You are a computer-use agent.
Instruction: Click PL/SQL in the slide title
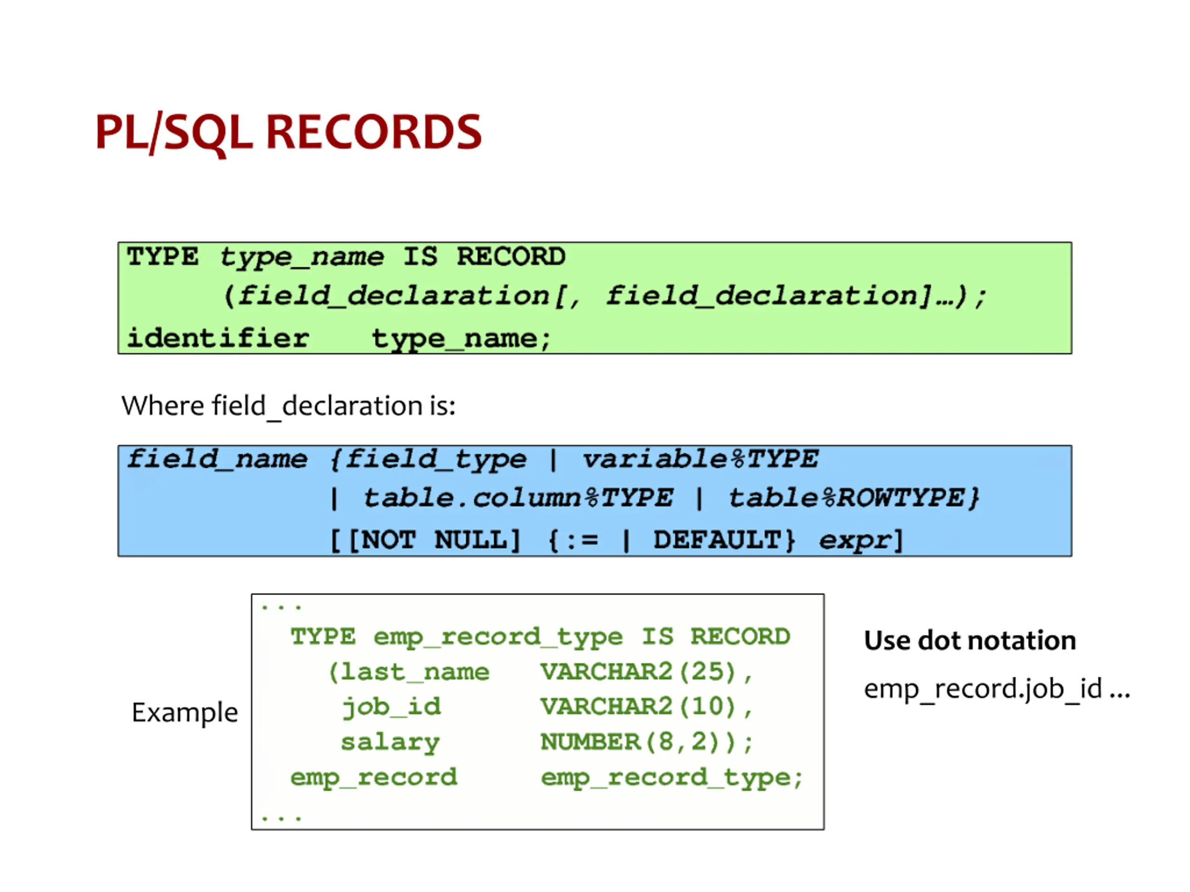pos(174,133)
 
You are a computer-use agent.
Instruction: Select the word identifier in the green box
pos(218,338)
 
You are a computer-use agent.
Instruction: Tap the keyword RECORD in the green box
pos(511,256)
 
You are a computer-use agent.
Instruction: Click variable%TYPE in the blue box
pos(700,459)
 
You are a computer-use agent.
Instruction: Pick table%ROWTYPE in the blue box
pos(854,498)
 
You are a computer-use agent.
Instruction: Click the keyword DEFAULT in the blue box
pos(717,539)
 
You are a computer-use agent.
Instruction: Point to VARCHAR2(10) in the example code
pos(639,707)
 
